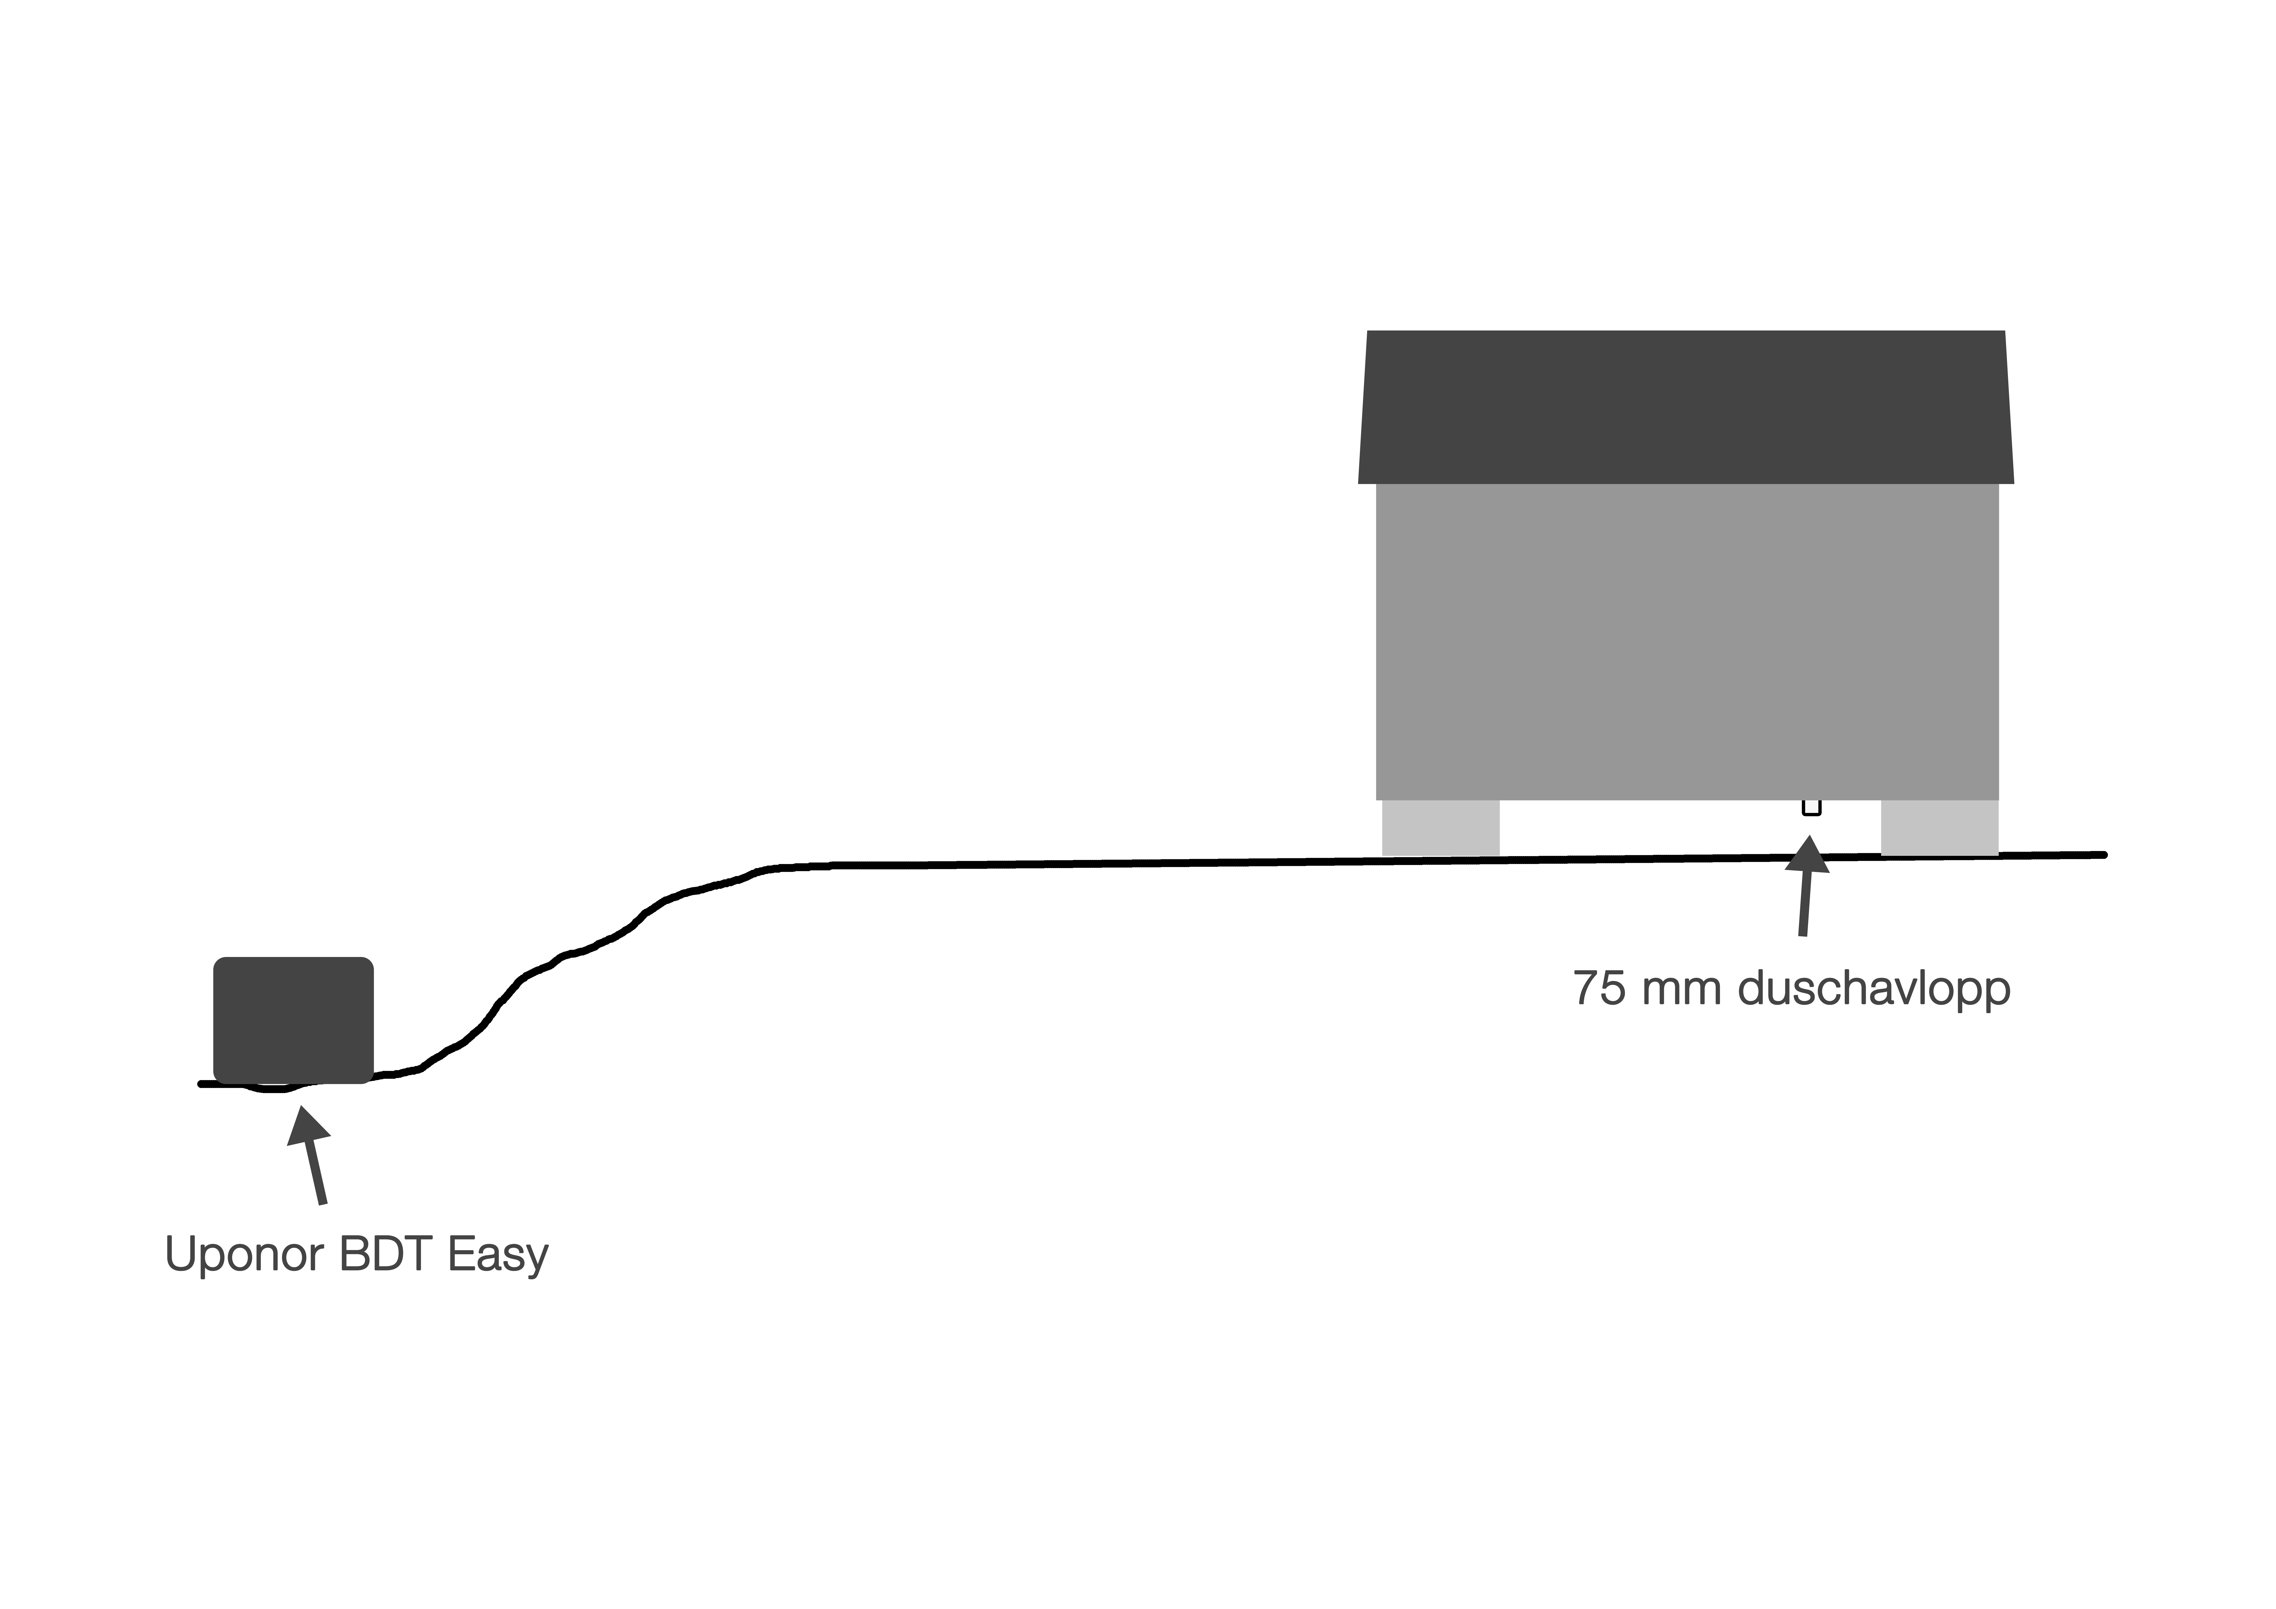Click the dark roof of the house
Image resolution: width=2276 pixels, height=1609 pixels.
tap(1685, 406)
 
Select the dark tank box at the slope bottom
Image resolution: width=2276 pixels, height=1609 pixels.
tap(294, 1019)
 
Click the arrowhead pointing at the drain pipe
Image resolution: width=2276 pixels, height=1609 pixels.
tap(1808, 855)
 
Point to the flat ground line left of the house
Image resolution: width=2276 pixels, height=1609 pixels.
tap(1090, 863)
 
